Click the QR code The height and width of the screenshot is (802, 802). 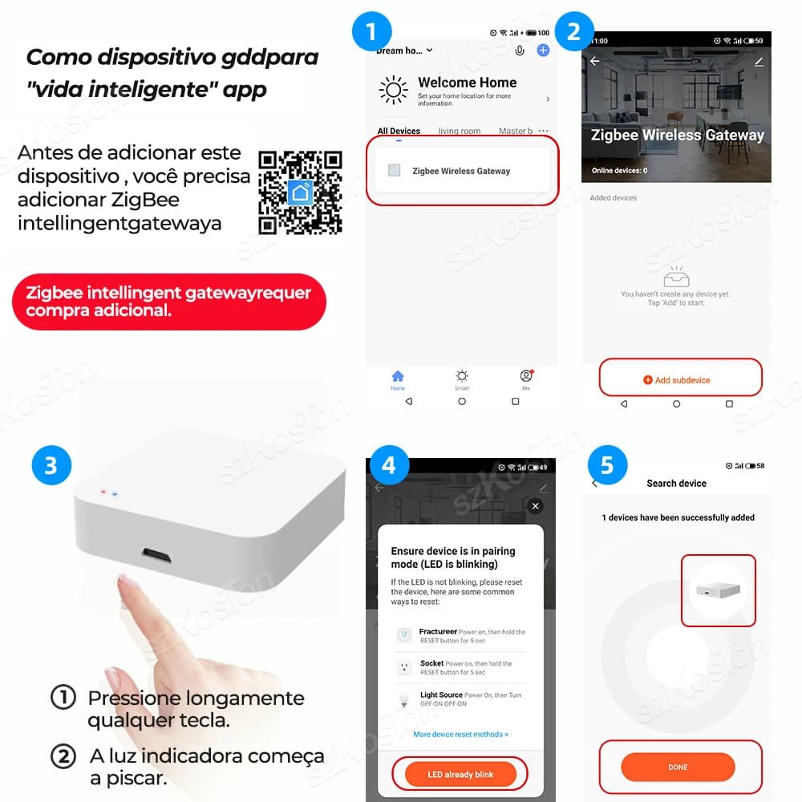tap(300, 192)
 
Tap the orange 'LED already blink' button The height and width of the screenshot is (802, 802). tap(460, 774)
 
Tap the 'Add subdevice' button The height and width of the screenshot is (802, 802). tap(681, 379)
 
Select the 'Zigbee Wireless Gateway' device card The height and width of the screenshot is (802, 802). tap(460, 171)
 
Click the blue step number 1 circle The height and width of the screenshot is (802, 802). tap(371, 33)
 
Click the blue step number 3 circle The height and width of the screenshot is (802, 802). tap(51, 466)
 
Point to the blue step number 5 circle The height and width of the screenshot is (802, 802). tap(607, 466)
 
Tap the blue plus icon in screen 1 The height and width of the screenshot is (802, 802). tap(543, 50)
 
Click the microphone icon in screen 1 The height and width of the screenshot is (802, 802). tap(520, 51)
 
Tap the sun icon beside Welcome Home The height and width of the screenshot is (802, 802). tap(393, 90)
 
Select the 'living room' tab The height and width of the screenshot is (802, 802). tap(460, 131)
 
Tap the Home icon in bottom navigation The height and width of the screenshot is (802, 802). tap(398, 378)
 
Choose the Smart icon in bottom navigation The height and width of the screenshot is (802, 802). tap(462, 378)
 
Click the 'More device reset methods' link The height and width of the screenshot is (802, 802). tap(460, 734)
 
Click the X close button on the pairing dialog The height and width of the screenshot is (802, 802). tap(536, 506)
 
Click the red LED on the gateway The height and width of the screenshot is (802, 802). tap(103, 492)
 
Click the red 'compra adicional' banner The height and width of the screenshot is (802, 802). tap(169, 302)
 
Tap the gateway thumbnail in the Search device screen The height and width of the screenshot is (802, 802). tap(718, 589)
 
